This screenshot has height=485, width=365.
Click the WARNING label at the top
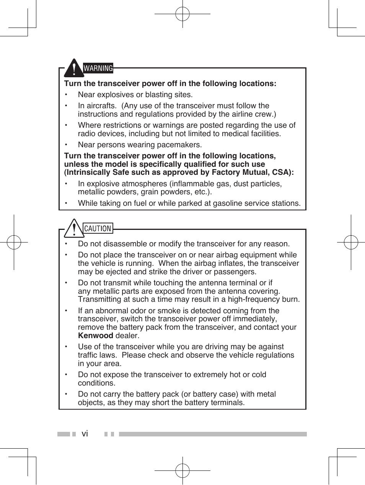tap(98, 68)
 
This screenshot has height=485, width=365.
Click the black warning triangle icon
tap(73, 69)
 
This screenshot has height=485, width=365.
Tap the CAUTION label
tap(98, 228)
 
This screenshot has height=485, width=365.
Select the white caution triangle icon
tap(73, 229)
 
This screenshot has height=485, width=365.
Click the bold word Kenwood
tap(95, 336)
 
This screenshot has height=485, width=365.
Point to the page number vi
tap(85, 434)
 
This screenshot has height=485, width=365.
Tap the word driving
tap(215, 347)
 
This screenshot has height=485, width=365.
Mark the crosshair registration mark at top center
tap(182, 14)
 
